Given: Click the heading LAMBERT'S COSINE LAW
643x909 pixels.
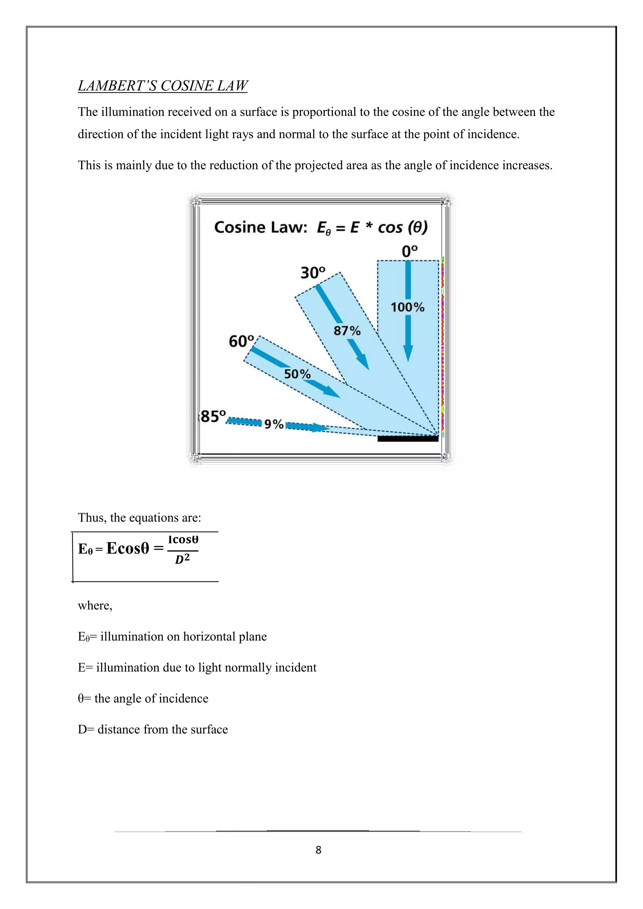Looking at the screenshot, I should coord(162,85).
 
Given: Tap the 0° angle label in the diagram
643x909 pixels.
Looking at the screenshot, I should coord(409,251).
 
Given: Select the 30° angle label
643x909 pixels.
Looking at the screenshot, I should coord(312,273).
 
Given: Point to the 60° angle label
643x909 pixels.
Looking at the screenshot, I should coord(241,341).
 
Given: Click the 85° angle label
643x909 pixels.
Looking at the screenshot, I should coord(213,417).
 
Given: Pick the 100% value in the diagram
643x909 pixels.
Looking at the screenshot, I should coord(408,307).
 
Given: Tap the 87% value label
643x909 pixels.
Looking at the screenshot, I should coord(347,331).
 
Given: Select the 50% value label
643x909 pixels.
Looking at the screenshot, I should coord(297,374).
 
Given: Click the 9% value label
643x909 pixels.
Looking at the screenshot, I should coord(273,424).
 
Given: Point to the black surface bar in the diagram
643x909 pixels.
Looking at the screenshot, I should coord(408,438).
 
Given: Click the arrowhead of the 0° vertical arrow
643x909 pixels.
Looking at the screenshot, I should coord(408,353).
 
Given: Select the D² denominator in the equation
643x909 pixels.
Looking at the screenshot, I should coord(182,559).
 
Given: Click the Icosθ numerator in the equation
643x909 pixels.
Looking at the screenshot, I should coord(183,540).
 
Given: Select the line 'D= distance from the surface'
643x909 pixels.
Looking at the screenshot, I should coord(153,729).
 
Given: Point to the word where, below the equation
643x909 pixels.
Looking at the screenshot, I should coord(95,605).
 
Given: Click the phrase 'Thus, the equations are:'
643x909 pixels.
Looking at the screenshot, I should coord(139,518).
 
